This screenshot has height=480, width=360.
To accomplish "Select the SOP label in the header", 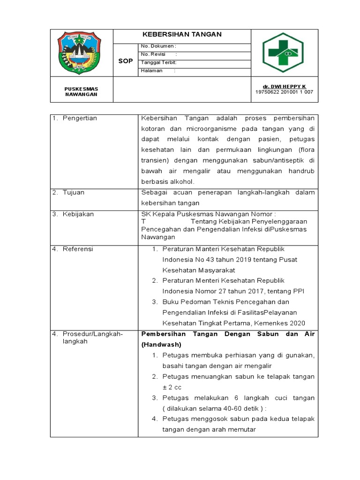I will (x=125, y=61).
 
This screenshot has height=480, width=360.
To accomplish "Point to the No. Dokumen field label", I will (x=158, y=46).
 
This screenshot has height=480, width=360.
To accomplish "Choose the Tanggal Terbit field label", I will (x=158, y=62).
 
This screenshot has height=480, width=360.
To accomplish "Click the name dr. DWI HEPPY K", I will (x=284, y=87).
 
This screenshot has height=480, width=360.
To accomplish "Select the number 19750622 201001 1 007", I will (x=284, y=92).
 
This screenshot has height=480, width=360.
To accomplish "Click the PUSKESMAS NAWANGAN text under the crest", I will (x=81, y=91).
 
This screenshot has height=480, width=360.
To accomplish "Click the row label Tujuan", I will (x=74, y=192).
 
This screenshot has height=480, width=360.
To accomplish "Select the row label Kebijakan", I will (x=78, y=214).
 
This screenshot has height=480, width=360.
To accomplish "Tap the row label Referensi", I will (x=78, y=249).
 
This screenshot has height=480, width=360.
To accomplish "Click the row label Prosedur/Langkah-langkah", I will (x=92, y=337).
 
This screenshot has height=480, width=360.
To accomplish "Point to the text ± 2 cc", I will (x=172, y=387).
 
